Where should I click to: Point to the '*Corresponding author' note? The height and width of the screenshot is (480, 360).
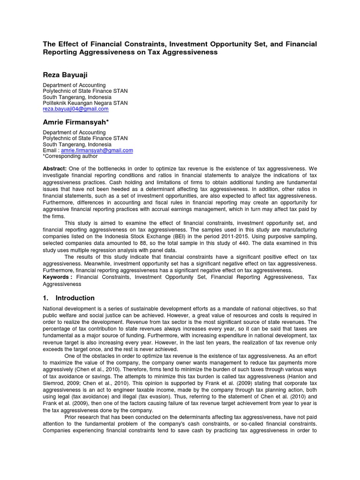pyautogui.click(x=70, y=157)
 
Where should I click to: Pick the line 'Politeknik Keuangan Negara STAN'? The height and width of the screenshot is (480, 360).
pyautogui.click(x=85, y=103)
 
